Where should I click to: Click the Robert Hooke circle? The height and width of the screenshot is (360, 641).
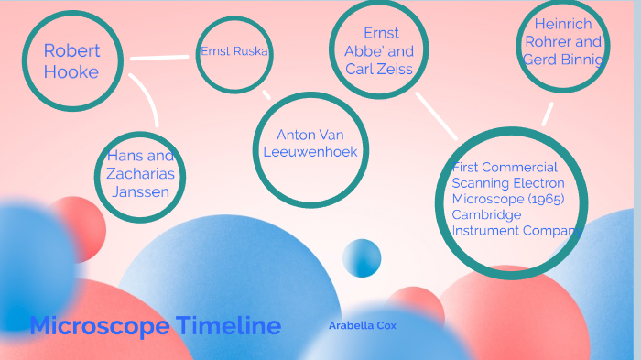(71, 60)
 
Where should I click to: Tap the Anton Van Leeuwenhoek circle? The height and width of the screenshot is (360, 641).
(310, 149)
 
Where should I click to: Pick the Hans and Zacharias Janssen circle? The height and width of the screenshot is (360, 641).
(140, 176)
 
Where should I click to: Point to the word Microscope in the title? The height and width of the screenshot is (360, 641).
(99, 325)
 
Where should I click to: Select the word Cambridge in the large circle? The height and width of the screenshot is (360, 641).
(486, 214)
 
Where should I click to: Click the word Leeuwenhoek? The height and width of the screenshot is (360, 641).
(310, 152)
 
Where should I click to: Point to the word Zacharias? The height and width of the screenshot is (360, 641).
(140, 174)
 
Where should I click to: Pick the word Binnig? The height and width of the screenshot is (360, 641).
(583, 60)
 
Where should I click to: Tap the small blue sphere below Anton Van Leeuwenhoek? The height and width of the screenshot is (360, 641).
(362, 257)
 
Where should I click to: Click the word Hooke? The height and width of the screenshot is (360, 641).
(71, 71)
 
